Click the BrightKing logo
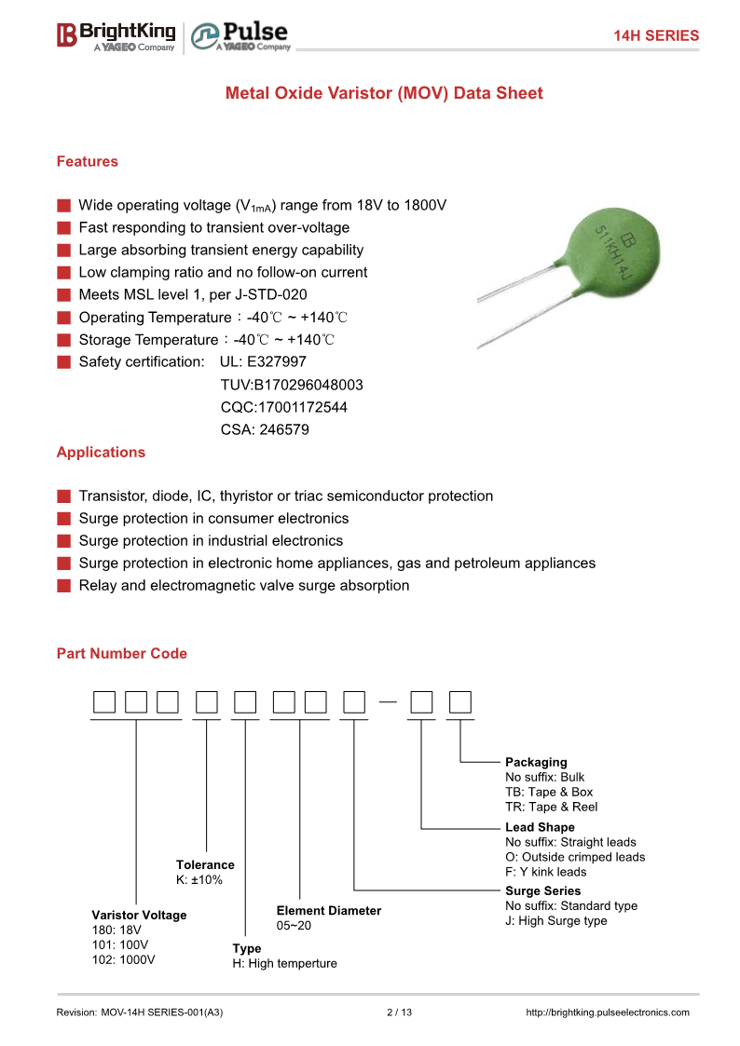click(x=116, y=35)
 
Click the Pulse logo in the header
click(x=240, y=35)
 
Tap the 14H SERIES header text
click(x=655, y=35)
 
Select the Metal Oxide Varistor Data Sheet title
click(x=384, y=93)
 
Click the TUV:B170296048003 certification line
click(x=292, y=385)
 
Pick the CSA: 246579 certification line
click(x=265, y=429)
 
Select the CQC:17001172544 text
click(x=283, y=407)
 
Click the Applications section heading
click(x=101, y=452)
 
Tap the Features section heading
click(x=88, y=161)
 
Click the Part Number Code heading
click(x=122, y=653)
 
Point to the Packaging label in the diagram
click(x=536, y=762)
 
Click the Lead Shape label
click(x=540, y=827)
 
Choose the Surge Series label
click(x=542, y=890)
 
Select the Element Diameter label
click(x=329, y=910)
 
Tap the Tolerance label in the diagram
click(x=205, y=864)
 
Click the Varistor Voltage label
click(x=139, y=915)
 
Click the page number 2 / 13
click(x=399, y=1012)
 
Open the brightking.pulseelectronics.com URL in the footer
click(x=608, y=1012)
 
